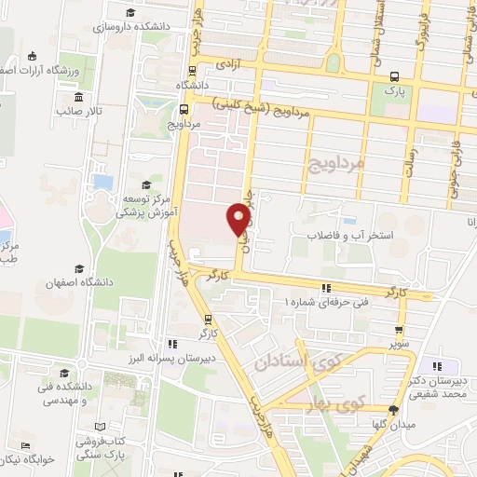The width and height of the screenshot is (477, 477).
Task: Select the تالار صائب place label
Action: [x=78, y=111]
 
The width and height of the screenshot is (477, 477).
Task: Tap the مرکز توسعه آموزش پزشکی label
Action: [x=145, y=205]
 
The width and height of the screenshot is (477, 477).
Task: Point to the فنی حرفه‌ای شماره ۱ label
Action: [x=327, y=302]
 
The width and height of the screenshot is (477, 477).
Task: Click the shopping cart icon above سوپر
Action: [x=400, y=330]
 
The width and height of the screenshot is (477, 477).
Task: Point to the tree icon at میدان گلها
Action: [x=393, y=409]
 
